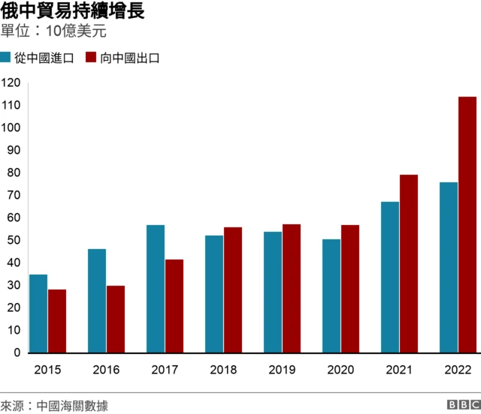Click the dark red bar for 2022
[x=467, y=225]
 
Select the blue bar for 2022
[x=449, y=268]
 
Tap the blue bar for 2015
[x=38, y=313]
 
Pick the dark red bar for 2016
[x=116, y=319]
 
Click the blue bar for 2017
[x=156, y=289]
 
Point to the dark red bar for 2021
[x=409, y=264]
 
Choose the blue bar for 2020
[x=331, y=296]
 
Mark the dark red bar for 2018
[x=233, y=290]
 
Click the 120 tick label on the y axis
[x=11, y=82]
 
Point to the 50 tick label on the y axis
[x=14, y=240]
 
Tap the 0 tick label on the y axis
[x=17, y=352]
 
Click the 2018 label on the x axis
[x=223, y=370]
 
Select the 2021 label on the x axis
[x=399, y=370]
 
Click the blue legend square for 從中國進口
[x=6, y=58]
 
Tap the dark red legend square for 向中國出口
[x=91, y=58]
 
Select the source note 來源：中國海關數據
[x=54, y=406]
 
